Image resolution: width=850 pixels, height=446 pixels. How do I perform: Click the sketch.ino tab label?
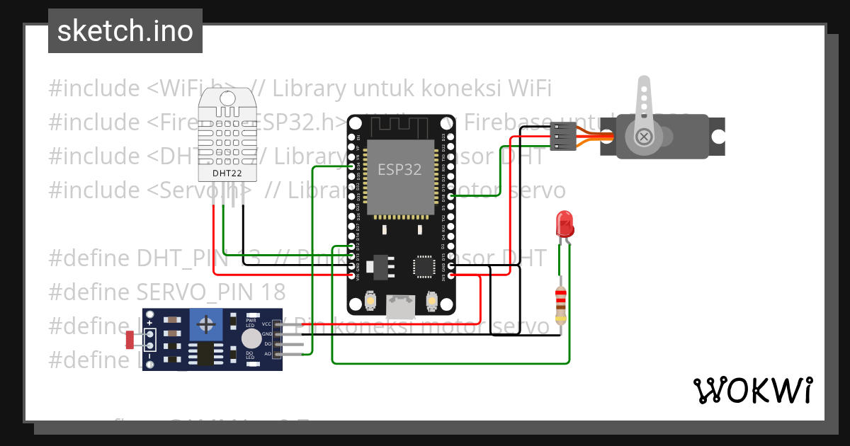click(125, 31)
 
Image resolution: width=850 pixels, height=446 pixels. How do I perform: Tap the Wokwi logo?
click(752, 390)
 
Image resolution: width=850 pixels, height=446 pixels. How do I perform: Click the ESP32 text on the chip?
click(399, 170)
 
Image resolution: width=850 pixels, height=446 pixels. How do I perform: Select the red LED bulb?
click(565, 224)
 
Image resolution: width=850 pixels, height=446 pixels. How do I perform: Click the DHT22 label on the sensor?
click(227, 172)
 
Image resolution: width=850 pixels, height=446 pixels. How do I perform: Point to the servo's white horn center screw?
click(643, 136)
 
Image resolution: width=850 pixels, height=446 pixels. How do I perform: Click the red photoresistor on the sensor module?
click(130, 340)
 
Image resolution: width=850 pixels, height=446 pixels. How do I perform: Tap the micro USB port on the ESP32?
click(400, 306)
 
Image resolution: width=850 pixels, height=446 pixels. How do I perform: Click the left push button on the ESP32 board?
click(369, 302)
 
